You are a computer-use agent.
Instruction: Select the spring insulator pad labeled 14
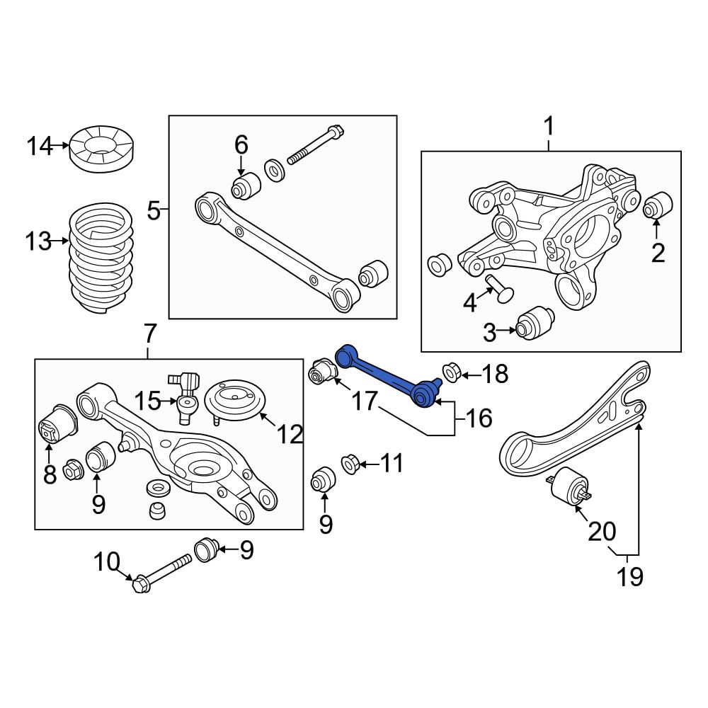point(103,148)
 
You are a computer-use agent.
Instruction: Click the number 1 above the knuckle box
point(549,127)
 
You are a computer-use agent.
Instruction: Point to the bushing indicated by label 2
point(658,205)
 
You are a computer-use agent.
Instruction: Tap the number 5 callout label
point(154,211)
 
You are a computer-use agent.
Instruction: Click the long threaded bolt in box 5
point(316,145)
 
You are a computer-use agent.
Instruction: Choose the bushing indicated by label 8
point(59,424)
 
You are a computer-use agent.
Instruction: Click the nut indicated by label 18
point(450,372)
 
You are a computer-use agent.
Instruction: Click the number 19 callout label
point(629,576)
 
